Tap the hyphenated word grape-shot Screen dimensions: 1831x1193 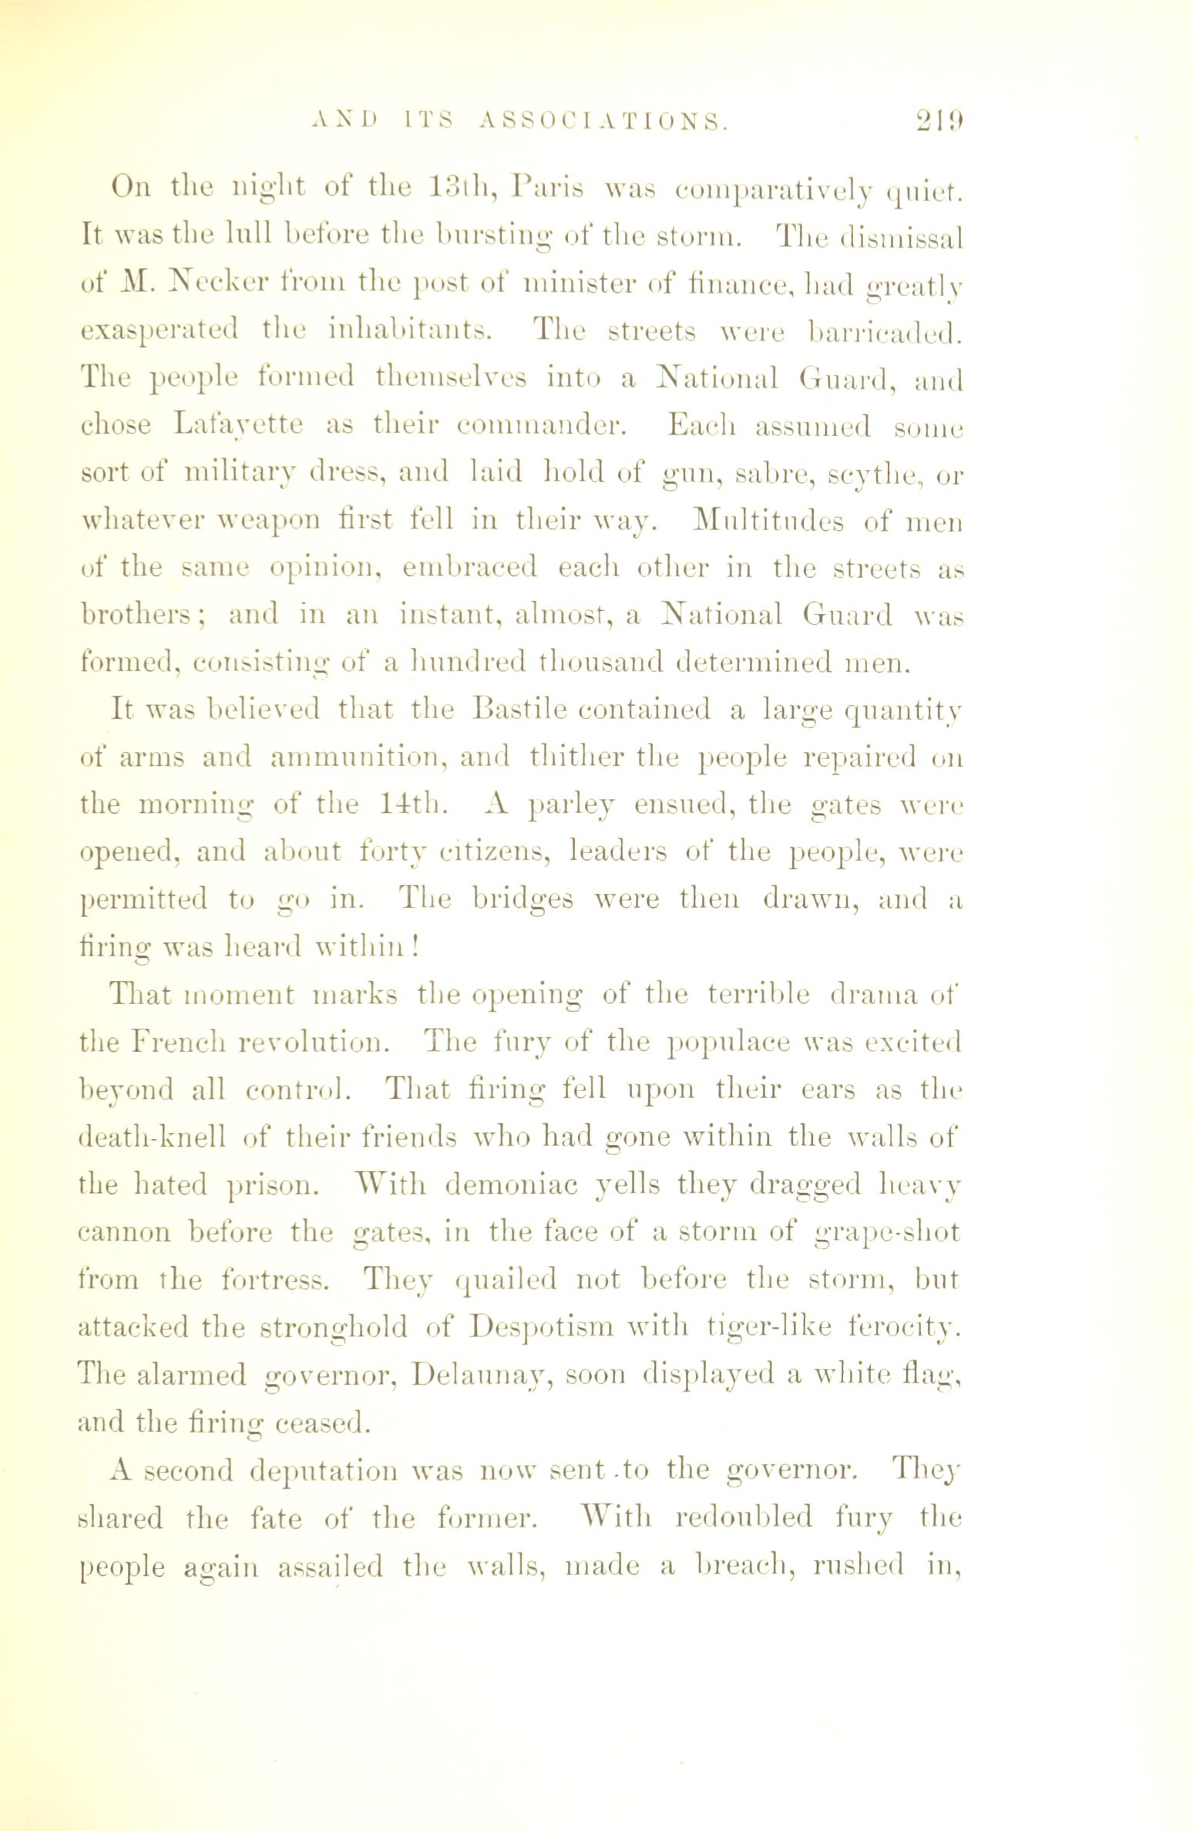(886, 1232)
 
